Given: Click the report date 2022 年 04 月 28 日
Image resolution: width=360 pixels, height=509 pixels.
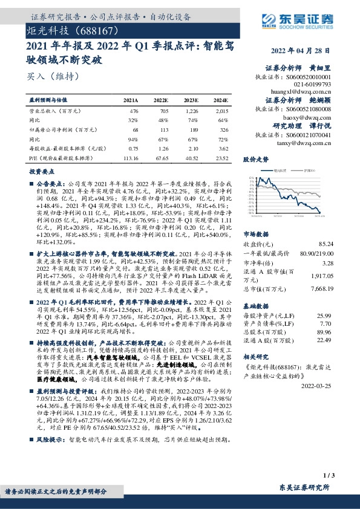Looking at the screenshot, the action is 304,51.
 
